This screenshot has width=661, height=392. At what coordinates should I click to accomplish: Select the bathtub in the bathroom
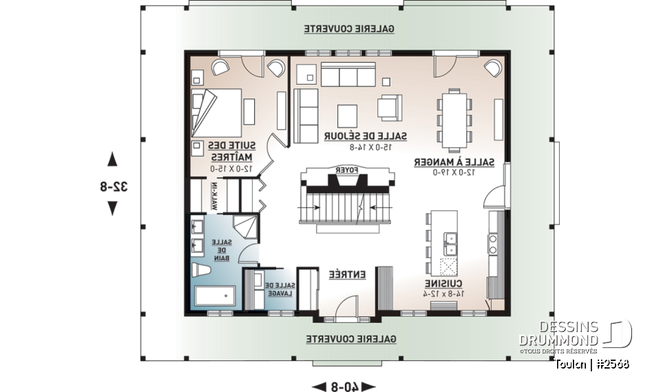[215, 296]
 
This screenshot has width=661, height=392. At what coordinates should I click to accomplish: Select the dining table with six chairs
[455, 118]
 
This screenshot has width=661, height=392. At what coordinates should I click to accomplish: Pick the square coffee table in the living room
[347, 114]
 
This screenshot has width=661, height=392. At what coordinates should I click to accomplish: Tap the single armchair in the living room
[389, 107]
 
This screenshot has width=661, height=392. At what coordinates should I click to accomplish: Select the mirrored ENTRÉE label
[346, 274]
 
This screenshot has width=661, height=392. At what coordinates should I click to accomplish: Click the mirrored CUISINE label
[442, 284]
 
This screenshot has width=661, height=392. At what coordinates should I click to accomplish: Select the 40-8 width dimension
[342, 386]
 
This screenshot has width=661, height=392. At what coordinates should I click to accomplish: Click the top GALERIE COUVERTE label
[350, 30]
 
